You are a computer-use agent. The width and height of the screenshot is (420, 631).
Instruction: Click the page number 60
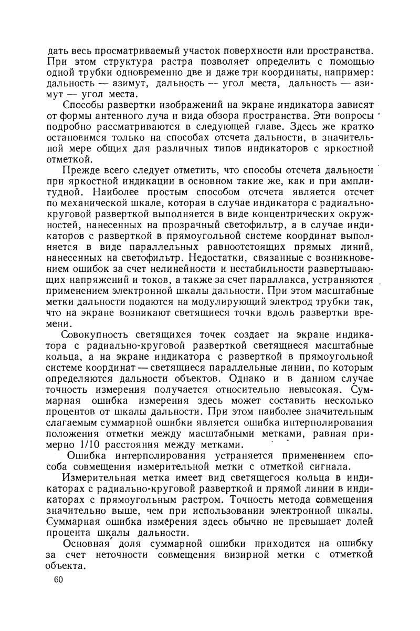(58, 580)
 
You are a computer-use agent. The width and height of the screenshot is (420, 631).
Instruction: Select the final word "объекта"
(66, 565)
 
